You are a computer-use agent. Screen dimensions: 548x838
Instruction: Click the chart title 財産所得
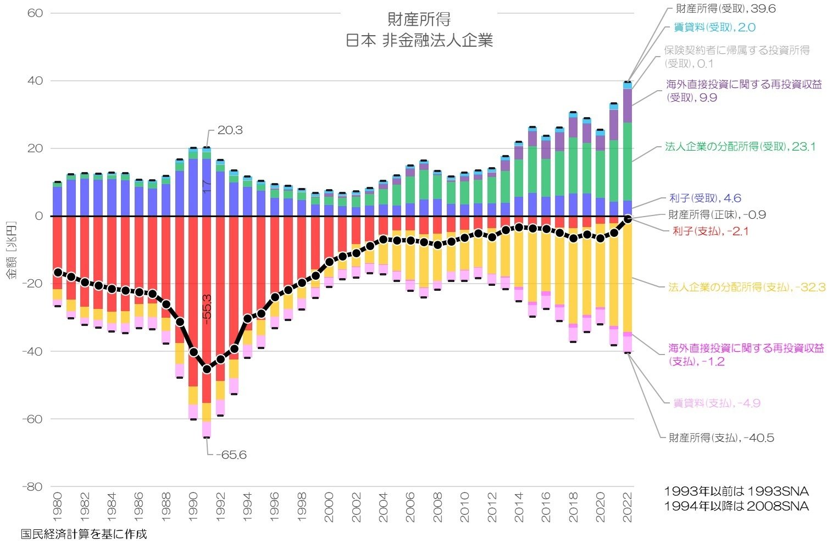pyautogui.click(x=419, y=19)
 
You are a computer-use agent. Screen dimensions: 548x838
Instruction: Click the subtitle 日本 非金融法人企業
pyautogui.click(x=419, y=41)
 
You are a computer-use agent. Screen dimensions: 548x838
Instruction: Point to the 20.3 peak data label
pyautogui.click(x=230, y=130)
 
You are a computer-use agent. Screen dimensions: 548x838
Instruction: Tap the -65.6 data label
pyautogui.click(x=231, y=455)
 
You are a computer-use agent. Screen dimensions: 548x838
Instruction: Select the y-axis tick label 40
pyautogui.click(x=35, y=81)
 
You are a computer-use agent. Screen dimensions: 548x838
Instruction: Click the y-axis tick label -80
pyautogui.click(x=33, y=486)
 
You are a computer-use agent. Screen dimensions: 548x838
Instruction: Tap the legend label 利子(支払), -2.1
pyautogui.click(x=710, y=231)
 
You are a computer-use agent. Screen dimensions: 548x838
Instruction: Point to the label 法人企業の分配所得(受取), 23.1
pyautogui.click(x=740, y=147)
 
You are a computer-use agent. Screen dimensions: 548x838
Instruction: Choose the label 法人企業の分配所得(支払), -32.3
pyautogui.click(x=746, y=287)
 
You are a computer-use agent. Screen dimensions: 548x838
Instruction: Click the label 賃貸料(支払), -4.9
pyautogui.click(x=717, y=403)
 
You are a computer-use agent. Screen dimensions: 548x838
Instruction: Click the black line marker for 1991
pyautogui.click(x=207, y=369)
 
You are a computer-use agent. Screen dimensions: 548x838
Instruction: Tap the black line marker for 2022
pyautogui.click(x=628, y=219)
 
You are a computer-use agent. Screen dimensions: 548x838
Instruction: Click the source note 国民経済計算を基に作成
pyautogui.click(x=84, y=534)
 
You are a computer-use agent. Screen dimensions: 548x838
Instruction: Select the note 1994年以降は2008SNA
pyautogui.click(x=736, y=506)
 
